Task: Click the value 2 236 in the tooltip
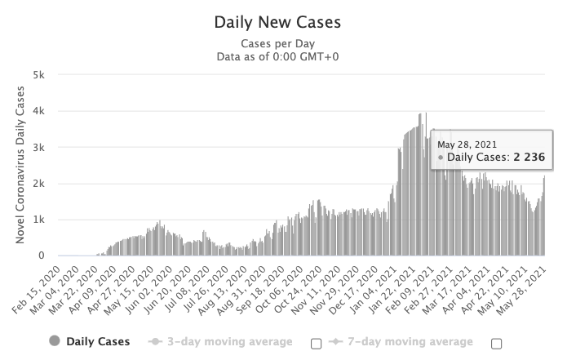point(529,156)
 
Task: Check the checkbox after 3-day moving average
point(317,343)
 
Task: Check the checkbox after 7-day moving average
point(496,343)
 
